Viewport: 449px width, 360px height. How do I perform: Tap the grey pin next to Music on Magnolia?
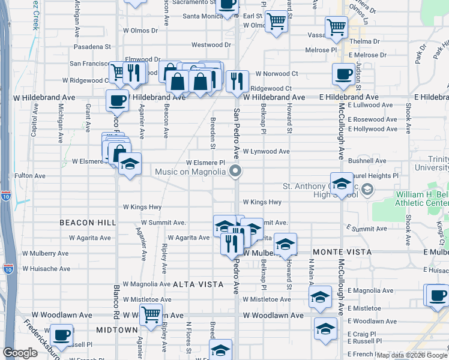236,172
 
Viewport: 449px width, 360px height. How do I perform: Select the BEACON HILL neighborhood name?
88,223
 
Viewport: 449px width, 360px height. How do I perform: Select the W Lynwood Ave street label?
266,152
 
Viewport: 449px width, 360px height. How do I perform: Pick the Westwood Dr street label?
211,45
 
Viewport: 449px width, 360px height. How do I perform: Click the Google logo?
20,353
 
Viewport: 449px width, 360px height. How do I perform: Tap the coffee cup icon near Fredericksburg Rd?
61,334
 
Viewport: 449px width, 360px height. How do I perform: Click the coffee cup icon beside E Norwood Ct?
343,74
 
